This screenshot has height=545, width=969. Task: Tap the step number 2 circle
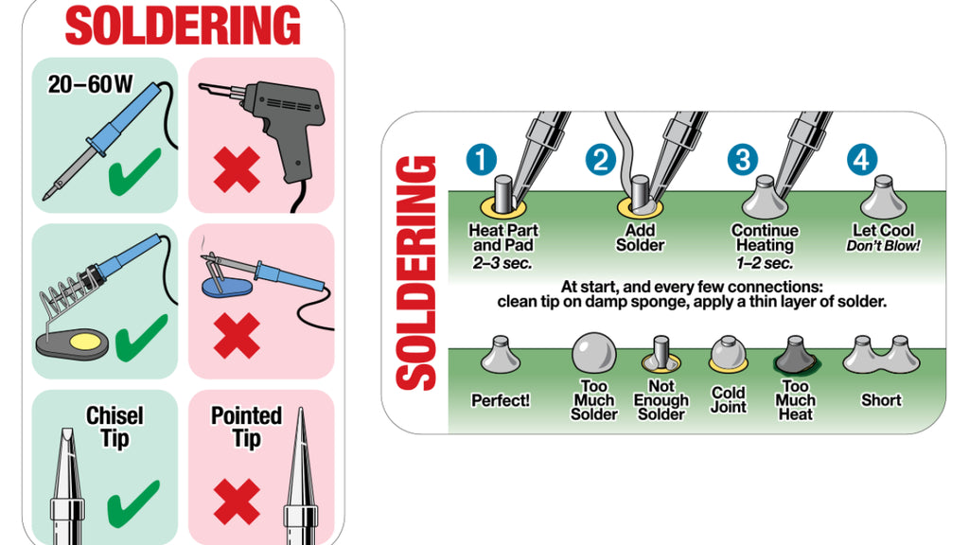[600, 160]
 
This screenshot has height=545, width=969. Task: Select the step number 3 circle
[742, 160]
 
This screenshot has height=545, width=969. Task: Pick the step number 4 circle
[860, 160]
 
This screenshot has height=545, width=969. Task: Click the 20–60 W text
[90, 84]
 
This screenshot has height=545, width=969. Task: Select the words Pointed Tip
[246, 427]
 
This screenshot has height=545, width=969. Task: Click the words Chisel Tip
[115, 427]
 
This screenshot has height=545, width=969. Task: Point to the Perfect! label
[501, 401]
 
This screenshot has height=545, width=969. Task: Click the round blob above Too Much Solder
[593, 353]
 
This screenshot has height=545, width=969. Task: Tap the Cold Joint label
[728, 400]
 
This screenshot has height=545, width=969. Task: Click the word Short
[881, 400]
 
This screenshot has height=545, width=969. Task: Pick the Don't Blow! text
[883, 246]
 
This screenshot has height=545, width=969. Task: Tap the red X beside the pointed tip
[237, 501]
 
